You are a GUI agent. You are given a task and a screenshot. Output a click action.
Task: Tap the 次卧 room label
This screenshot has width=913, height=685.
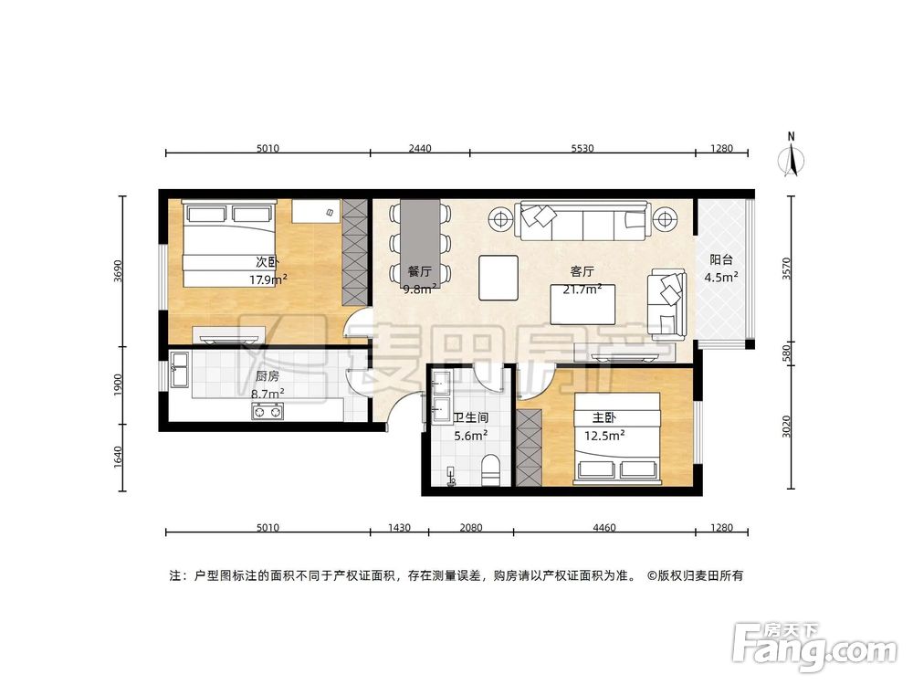pyautogui.click(x=267, y=262)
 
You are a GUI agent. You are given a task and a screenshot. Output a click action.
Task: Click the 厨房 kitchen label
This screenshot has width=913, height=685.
pyautogui.click(x=267, y=376)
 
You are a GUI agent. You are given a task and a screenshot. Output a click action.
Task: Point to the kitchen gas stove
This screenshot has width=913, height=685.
pyautogui.click(x=267, y=412)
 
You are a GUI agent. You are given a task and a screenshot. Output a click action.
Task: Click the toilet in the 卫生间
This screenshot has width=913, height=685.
pyautogui.click(x=490, y=469)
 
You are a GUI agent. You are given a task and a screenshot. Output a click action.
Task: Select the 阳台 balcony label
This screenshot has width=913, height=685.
pyautogui.click(x=721, y=258)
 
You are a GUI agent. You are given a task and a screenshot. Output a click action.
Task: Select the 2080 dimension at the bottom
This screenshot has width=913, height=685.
pyautogui.click(x=471, y=527)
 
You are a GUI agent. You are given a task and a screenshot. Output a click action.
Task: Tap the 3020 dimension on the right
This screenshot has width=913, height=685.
pyautogui.click(x=787, y=427)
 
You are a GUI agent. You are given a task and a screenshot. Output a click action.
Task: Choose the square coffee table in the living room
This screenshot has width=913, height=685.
pyautogui.click(x=498, y=277)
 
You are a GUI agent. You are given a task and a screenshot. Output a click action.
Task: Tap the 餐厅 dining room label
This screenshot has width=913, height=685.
pyautogui.click(x=419, y=271)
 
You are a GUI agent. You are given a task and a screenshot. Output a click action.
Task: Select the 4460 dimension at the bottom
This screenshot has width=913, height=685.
pyautogui.click(x=604, y=527)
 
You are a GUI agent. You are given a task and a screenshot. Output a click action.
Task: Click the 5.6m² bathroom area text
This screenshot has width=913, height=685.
pyautogui.click(x=471, y=436)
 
